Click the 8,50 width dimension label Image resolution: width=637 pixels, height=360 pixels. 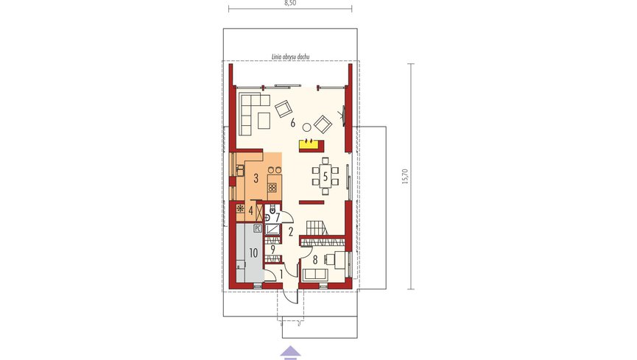pyautogui.click(x=290, y=3)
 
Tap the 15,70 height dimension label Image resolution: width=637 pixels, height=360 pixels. pyautogui.click(x=404, y=176)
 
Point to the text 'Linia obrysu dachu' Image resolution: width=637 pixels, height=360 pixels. pyautogui.click(x=290, y=57)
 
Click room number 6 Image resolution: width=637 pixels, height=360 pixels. pyautogui.click(x=293, y=123)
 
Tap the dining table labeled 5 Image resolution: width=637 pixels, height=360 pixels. pyautogui.click(x=325, y=177)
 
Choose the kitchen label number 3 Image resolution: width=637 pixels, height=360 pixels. pyautogui.click(x=256, y=178)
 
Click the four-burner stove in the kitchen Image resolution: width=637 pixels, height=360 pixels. pyautogui.click(x=272, y=187)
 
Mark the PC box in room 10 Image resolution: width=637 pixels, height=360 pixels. pyautogui.click(x=257, y=228)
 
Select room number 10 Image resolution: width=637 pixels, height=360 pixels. pyautogui.click(x=253, y=253)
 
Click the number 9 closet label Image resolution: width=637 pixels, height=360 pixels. pyautogui.click(x=273, y=250)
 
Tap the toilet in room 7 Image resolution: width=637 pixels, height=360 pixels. pyautogui.click(x=272, y=210)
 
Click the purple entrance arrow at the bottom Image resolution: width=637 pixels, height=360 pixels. pyautogui.click(x=290, y=353)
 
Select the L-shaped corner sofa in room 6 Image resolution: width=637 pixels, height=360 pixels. pyautogui.click(x=253, y=114)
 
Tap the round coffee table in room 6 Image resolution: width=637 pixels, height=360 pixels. pyautogui.click(x=307, y=127)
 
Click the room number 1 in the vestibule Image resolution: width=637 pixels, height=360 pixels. pyautogui.click(x=281, y=275)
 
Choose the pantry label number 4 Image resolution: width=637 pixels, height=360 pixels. pyautogui.click(x=250, y=211)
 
